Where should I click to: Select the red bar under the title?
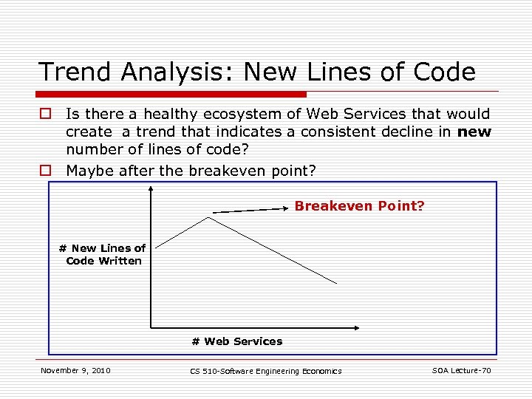pyautogui.click(x=172, y=95)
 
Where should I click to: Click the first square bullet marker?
pyautogui.click(x=46, y=114)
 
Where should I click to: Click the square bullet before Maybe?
pyautogui.click(x=46, y=171)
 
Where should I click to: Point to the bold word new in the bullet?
pyautogui.click(x=474, y=131)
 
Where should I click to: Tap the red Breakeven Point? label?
pyautogui.click(x=359, y=206)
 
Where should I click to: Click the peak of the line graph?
pyautogui.click(x=209, y=217)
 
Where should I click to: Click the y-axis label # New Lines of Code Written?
pyautogui.click(x=103, y=254)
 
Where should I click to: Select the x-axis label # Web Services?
pyautogui.click(x=236, y=341)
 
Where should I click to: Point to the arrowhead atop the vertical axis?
pyautogui.click(x=151, y=189)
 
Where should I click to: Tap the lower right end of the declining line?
pyautogui.click(x=337, y=283)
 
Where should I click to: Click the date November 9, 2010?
pyautogui.click(x=75, y=370)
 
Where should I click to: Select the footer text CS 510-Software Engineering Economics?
pyautogui.click(x=266, y=371)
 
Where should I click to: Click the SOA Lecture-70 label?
pyautogui.click(x=461, y=370)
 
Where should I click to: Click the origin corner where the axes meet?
pyautogui.click(x=151, y=327)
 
